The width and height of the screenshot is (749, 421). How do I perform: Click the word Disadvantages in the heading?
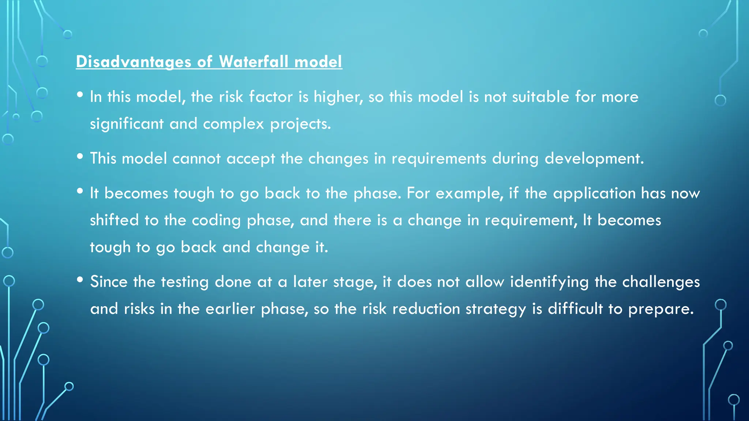[133, 62]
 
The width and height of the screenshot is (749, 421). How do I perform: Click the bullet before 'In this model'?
[80, 95]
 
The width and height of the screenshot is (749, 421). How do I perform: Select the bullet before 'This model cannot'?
[80, 157]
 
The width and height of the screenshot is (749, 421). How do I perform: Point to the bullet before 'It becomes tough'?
[80, 191]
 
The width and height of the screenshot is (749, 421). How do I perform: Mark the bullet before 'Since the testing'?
[80, 280]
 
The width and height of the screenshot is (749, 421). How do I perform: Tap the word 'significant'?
[127, 124]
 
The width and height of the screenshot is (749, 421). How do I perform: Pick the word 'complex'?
[233, 124]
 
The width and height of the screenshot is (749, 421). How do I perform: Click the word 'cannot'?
[196, 159]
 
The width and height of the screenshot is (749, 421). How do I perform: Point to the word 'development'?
[594, 159]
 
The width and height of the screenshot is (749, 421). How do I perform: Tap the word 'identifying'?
[549, 282]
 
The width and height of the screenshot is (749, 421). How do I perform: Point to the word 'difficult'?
[575, 309]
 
